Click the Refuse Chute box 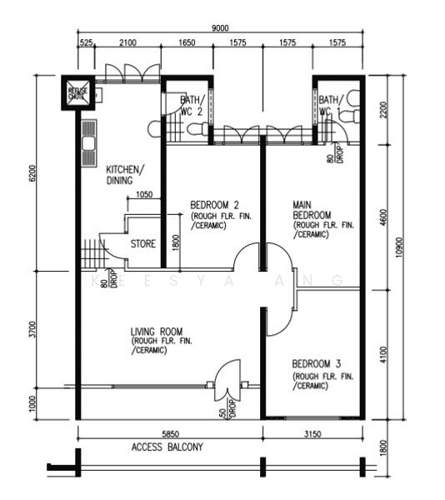[78, 92]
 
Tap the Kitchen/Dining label [124, 174]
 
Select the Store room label [143, 244]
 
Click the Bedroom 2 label [215, 205]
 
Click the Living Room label [157, 331]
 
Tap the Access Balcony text [167, 447]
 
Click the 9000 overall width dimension [220, 28]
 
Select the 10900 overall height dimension [400, 247]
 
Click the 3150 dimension [312, 433]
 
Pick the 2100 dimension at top [127, 42]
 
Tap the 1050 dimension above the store [144, 195]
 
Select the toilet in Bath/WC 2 [197, 129]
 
